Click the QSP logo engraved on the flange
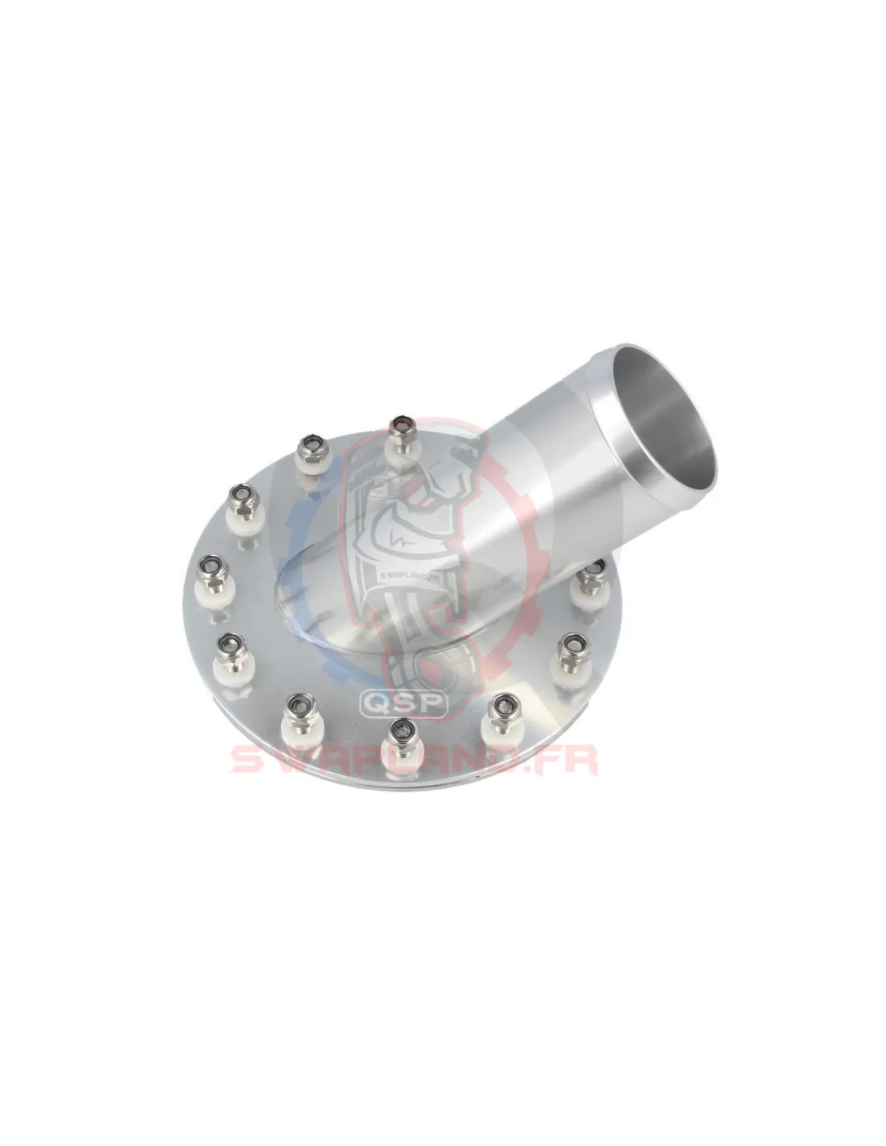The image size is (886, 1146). click(x=404, y=703)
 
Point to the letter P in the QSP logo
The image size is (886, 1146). click(x=431, y=703)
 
